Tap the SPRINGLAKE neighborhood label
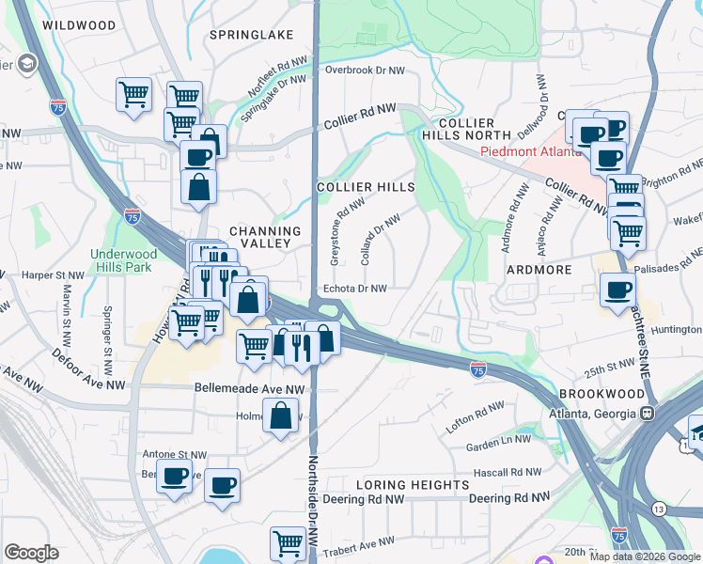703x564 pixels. [x=251, y=35]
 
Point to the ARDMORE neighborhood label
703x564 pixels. [x=539, y=270]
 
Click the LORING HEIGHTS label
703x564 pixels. [x=414, y=485]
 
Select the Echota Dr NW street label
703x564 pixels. [x=355, y=289]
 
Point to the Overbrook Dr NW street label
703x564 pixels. [x=365, y=70]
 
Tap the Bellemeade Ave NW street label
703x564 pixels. [x=250, y=387]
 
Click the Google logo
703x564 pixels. [x=31, y=553]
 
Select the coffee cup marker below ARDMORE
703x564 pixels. [x=617, y=290]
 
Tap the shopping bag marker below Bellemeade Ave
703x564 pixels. [x=282, y=415]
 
